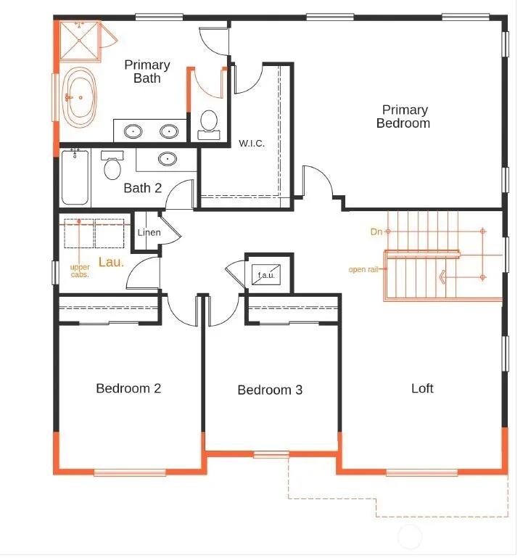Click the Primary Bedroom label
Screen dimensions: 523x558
coord(403,116)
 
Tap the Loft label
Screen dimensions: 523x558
coord(422,388)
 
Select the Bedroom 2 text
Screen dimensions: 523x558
coord(128,388)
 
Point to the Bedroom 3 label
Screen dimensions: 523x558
coord(270,390)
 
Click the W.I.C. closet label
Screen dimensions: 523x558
coord(252,144)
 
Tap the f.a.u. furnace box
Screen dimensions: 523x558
coord(266,275)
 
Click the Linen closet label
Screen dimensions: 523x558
coord(149,232)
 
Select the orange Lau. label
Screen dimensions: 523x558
coord(111,262)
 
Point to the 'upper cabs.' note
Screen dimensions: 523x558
coord(80,271)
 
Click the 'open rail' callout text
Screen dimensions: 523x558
coord(363,269)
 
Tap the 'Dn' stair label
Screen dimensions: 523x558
coord(376,231)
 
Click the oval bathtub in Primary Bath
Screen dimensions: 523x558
coord(79,97)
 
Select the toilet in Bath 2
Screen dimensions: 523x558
coord(112,165)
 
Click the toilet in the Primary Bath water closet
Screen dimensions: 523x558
coord(209,125)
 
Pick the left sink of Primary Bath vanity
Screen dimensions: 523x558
coord(133,131)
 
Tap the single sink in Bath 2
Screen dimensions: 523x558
coord(168,159)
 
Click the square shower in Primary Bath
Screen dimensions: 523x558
coord(79,41)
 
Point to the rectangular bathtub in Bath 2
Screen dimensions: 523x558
coord(75,177)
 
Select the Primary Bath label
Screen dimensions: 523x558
coord(147,72)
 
